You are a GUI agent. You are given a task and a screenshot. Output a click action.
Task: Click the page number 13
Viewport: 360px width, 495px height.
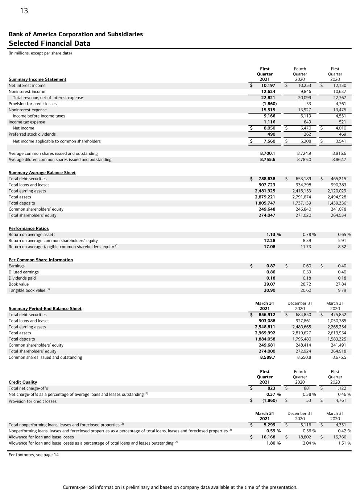coord(24,11)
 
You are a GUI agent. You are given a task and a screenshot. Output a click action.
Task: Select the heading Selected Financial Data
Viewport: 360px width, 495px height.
coord(49,44)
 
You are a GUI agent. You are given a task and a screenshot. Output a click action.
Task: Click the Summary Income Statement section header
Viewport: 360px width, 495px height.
coord(37,79)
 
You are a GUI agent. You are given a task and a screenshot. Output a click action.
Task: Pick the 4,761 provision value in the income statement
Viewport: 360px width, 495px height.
coord(340,104)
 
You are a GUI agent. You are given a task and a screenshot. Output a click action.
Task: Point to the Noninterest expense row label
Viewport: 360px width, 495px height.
coord(28,110)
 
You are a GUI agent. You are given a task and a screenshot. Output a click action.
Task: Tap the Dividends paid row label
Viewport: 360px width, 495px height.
coord(22,278)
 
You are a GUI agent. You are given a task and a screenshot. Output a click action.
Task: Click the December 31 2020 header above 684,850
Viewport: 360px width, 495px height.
coord(300,306)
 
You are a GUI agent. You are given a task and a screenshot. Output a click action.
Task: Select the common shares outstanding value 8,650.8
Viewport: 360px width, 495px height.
coord(304,357)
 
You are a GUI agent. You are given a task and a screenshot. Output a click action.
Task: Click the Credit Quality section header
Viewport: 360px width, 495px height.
coord(23,382)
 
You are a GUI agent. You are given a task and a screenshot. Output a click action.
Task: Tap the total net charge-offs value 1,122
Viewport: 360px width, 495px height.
coord(341,388)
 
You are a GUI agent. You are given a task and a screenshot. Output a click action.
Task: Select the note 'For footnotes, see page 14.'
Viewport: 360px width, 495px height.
coord(34,455)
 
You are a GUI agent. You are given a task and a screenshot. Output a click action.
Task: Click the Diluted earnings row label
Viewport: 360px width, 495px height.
coord(24,272)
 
